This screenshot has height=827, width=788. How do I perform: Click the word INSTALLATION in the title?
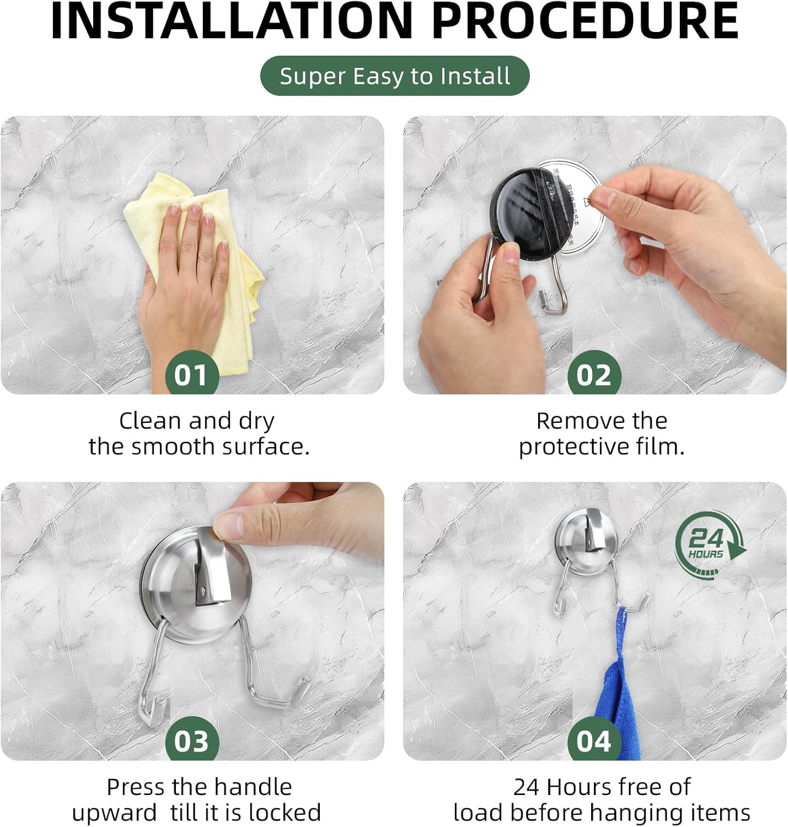pyautogui.click(x=232, y=22)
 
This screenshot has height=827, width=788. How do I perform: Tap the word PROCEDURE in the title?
pyautogui.click(x=585, y=22)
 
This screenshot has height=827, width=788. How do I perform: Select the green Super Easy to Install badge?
pyautogui.click(x=394, y=76)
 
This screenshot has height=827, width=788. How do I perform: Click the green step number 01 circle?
pyautogui.click(x=191, y=375)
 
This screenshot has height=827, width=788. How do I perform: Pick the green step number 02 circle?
pyautogui.click(x=594, y=375)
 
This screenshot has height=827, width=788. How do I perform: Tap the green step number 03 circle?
pyautogui.click(x=191, y=740)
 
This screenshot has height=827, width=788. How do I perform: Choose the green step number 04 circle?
pyautogui.click(x=594, y=740)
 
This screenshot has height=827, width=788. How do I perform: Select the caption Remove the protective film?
pyautogui.click(x=601, y=433)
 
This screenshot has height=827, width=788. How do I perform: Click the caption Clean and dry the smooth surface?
pyautogui.click(x=199, y=433)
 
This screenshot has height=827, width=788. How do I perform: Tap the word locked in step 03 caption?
pyautogui.click(x=285, y=813)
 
